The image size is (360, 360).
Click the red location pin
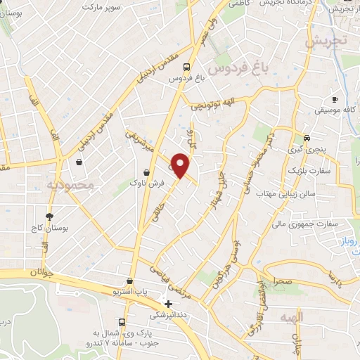coord(181,166)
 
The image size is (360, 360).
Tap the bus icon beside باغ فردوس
coord(186,68)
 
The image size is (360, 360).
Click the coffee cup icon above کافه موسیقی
coord(334,100)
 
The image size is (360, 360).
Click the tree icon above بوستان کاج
coord(49,216)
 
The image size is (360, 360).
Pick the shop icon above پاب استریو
coord(129,280)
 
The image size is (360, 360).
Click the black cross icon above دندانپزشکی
coord(167,303)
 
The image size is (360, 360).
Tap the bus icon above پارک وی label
coord(122,322)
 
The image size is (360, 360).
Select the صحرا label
coord(283,281)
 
